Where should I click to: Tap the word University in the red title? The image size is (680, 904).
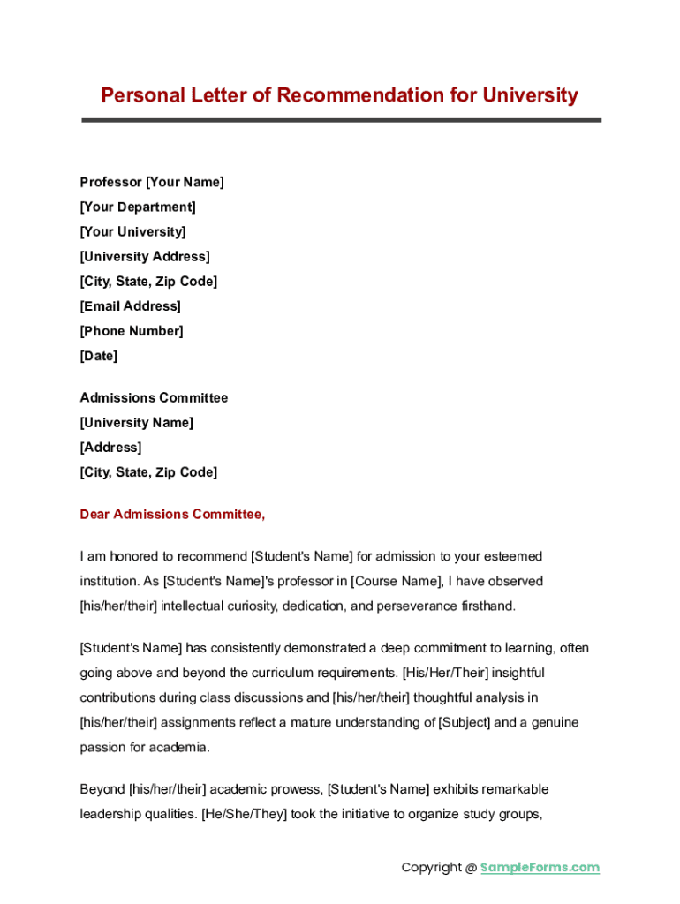pos(530,95)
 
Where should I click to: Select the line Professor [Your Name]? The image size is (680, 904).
pos(152,182)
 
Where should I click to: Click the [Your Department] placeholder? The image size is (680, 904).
pos(138,207)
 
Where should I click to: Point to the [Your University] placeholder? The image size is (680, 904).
pos(133,231)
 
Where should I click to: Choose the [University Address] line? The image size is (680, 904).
pos(145,256)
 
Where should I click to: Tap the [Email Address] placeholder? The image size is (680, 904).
pos(131,306)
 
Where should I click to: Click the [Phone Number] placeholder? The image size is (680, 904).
pos(132,331)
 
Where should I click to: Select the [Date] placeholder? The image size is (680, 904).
pos(99,356)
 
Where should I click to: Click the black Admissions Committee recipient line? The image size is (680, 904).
pos(154,397)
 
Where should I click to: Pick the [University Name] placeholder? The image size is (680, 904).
pos(137,422)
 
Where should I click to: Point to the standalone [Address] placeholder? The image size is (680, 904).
pos(110,447)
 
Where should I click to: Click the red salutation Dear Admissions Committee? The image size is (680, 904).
pos(172,514)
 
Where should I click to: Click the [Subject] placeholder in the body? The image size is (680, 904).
pos(465,722)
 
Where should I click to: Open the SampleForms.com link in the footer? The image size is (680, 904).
pos(540,867)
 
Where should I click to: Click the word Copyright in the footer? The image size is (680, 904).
pos(432,867)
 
